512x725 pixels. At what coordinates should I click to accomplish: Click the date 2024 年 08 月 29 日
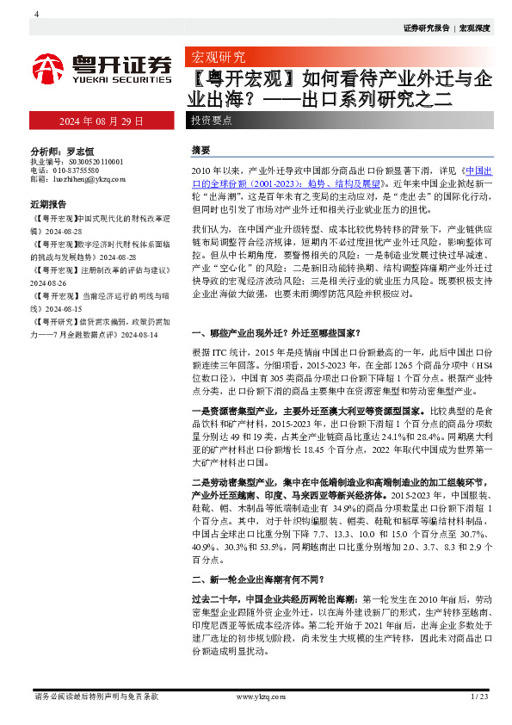[101, 121]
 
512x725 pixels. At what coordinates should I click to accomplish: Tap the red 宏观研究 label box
[217, 58]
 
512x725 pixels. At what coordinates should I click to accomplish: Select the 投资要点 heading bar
[212, 121]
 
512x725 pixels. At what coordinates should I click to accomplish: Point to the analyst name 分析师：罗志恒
[61, 149]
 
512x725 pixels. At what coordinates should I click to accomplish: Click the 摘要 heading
[200, 149]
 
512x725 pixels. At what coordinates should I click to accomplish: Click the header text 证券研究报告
[426, 28]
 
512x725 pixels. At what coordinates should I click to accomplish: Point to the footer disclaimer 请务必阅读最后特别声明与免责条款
[95, 696]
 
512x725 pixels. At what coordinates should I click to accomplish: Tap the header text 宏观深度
[474, 28]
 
